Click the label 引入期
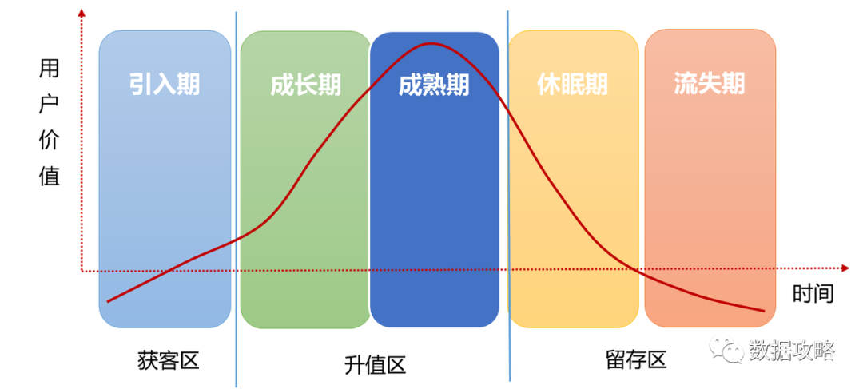tap(165, 85)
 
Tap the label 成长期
tap(305, 85)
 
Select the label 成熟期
tap(434, 85)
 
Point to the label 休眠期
tap(572, 85)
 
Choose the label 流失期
tap(710, 85)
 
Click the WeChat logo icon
tap(726, 348)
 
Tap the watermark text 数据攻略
tap(791, 350)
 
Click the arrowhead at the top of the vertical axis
tap(82, 12)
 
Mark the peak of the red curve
tap(431, 43)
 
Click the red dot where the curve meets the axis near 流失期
tap(641, 271)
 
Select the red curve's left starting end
tap(108, 301)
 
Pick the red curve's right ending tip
tap(764, 311)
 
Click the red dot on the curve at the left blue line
tap(234, 240)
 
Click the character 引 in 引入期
tap(142, 85)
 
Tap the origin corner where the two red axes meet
tap(82, 271)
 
